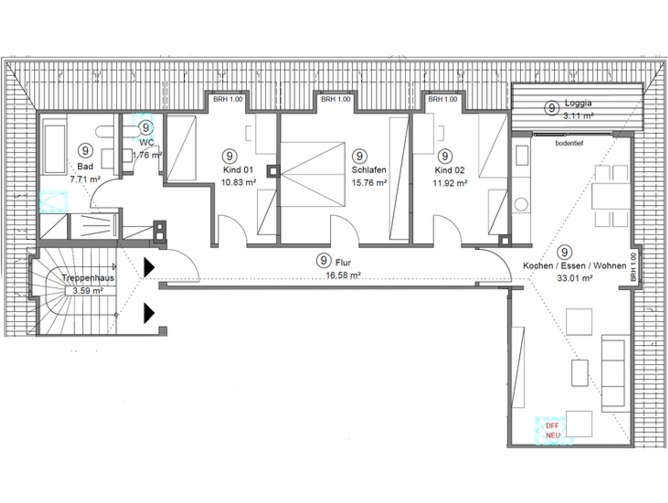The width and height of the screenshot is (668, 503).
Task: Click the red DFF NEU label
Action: [x=552, y=430]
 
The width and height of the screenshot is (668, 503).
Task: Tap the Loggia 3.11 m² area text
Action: [x=578, y=116]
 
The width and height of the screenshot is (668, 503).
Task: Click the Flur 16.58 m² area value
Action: [x=343, y=275]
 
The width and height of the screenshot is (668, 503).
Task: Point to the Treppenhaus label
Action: [x=87, y=278]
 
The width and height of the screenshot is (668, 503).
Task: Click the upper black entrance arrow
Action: [x=149, y=267]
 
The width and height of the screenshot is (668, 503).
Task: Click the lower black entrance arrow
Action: [x=149, y=313]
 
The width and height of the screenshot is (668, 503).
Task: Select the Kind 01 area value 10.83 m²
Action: [x=238, y=183]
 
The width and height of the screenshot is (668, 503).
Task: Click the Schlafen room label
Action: [x=368, y=170]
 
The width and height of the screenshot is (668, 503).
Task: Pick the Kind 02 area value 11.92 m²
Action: [x=449, y=183]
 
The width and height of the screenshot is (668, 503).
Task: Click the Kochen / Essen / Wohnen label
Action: [x=575, y=266]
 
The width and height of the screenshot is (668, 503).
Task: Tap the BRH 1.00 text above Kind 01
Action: [x=228, y=99]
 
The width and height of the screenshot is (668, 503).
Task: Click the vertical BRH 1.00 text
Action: [x=634, y=267]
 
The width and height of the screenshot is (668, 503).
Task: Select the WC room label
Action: [x=147, y=143]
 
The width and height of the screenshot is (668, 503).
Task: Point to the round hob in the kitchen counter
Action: [x=520, y=204]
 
